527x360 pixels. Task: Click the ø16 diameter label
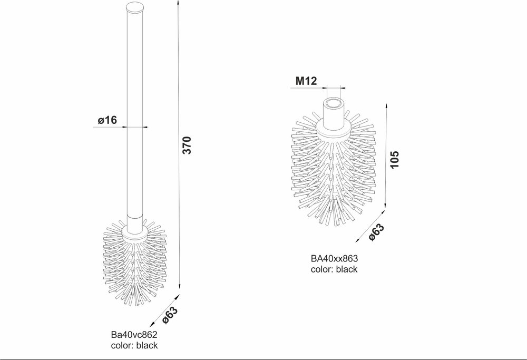(107, 120)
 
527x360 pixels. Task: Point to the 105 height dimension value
(396, 159)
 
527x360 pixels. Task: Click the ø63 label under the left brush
(170, 314)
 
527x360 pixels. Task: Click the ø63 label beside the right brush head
(376, 232)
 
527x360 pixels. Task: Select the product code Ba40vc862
(134, 335)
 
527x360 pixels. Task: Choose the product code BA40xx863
(334, 259)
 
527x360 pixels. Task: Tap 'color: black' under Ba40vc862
(134, 346)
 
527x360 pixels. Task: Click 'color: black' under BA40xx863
(334, 269)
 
